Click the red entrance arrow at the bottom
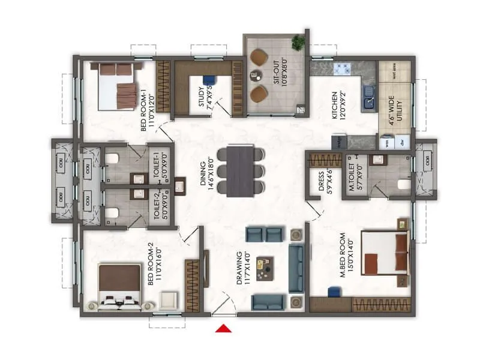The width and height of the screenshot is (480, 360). pyautogui.click(x=224, y=328)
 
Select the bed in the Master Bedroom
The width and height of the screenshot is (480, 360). pyautogui.click(x=385, y=252)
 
